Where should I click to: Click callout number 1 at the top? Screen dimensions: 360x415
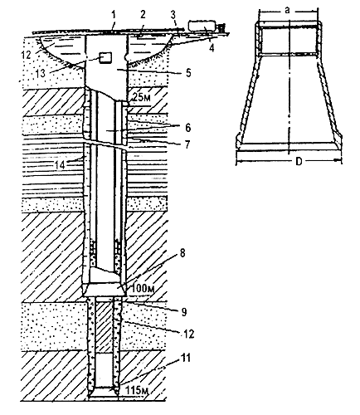113,16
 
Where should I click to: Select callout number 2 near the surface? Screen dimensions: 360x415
143,15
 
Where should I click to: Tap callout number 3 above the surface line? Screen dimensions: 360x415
173,16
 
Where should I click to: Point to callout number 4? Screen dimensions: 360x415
212,48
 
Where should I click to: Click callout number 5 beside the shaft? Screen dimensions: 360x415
188,73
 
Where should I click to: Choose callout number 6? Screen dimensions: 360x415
187,128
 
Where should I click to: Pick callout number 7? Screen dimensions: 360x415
187,144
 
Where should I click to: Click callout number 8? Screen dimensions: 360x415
182,253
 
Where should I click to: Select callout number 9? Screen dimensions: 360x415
184,312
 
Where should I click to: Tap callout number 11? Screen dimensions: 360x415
186,358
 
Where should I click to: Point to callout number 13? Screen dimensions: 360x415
41,73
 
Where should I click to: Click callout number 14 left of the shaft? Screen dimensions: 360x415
60,164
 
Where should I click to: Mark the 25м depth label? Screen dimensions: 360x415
141,98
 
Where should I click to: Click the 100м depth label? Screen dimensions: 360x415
142,289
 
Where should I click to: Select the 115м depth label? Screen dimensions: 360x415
138,391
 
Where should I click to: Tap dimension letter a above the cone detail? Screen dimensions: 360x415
288,11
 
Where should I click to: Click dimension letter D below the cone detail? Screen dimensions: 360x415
299,162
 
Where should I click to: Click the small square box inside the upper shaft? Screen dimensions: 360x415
105,58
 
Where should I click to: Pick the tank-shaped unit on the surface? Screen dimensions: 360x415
202,26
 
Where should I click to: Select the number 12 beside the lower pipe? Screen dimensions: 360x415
188,334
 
